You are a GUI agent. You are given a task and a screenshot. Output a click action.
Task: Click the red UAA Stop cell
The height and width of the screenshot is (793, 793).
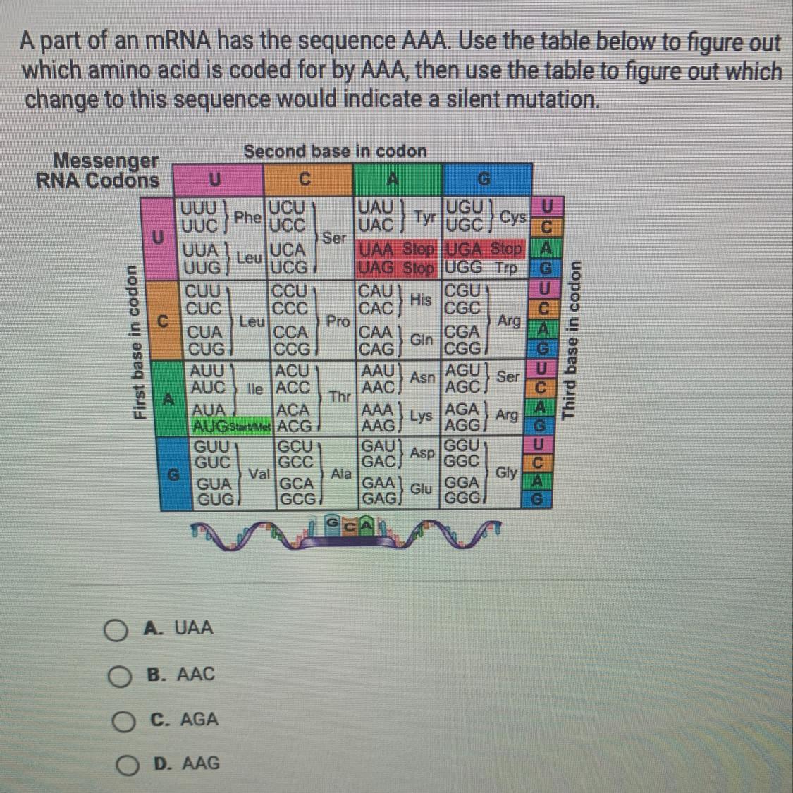coord(397,250)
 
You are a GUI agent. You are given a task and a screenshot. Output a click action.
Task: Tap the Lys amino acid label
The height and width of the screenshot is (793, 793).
coord(421,416)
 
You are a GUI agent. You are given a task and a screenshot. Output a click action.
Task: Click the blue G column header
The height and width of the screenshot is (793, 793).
coord(484,180)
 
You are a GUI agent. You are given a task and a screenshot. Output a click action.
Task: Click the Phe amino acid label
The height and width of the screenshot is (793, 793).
coord(246,216)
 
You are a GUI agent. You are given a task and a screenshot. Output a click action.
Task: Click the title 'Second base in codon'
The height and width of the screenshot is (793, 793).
coord(335,152)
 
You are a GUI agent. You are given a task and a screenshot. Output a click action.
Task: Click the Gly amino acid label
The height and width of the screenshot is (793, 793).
coord(506,472)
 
